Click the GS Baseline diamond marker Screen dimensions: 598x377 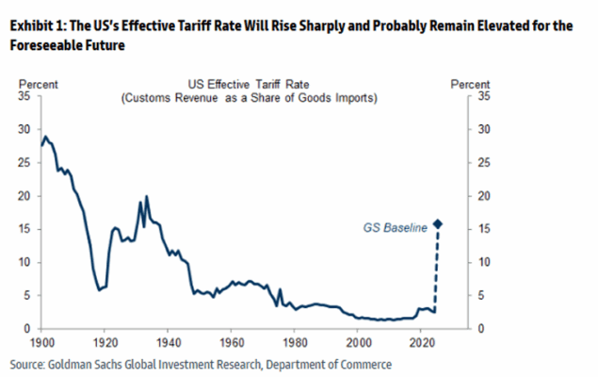point(438,224)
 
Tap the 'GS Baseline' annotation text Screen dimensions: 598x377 point(395,228)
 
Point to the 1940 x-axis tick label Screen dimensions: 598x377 point(169,342)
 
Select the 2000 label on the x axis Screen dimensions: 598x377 point(358,342)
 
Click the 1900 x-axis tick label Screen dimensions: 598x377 point(42,342)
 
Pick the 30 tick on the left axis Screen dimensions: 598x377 point(24,129)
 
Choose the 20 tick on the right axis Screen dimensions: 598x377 point(484,196)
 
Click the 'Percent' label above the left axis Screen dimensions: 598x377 point(38,84)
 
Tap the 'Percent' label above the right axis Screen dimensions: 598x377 point(470,84)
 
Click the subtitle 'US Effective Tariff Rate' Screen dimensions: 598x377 point(249,84)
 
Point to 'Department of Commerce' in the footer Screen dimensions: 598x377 point(329,365)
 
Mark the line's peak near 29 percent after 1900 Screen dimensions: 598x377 point(46,137)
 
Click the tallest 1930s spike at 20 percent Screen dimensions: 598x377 point(147,197)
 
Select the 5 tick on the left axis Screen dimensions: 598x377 point(26,295)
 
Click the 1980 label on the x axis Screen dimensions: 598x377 point(295,342)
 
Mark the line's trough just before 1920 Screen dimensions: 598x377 point(100,290)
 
